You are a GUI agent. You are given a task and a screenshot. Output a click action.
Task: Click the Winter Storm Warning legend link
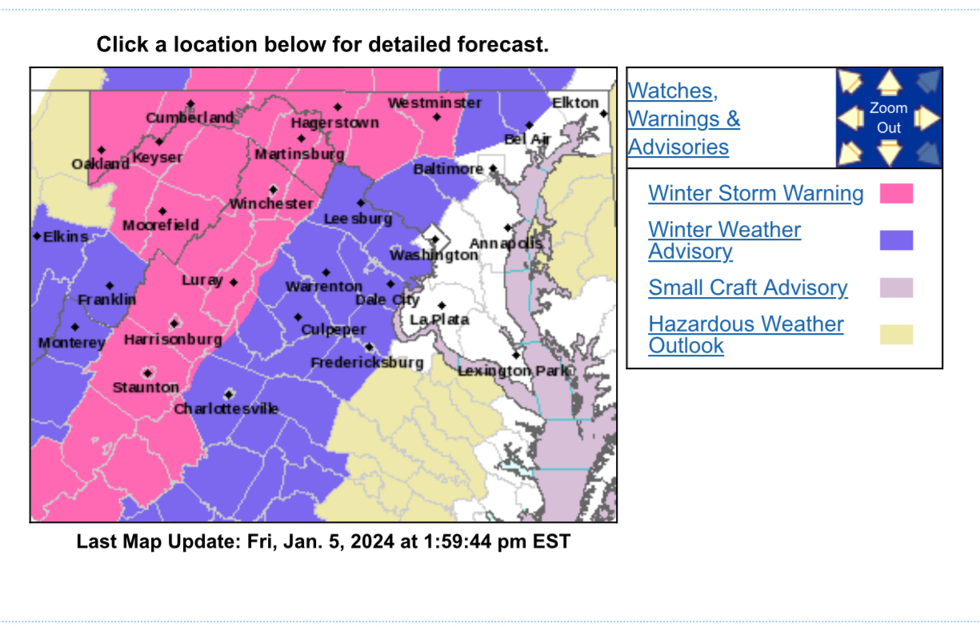(x=756, y=194)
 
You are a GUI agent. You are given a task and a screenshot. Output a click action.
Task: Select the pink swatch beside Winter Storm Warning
(x=896, y=194)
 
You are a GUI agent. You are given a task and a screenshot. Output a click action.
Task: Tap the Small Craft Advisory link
(x=748, y=288)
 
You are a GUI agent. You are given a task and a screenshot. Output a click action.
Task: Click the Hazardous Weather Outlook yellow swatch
(x=896, y=335)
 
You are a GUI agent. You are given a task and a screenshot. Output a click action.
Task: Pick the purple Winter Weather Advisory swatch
(x=896, y=240)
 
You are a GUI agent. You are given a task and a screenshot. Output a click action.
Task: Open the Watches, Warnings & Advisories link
(x=683, y=119)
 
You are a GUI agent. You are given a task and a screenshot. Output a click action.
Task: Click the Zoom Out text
(x=889, y=118)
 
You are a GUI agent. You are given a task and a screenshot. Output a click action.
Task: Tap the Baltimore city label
(x=448, y=170)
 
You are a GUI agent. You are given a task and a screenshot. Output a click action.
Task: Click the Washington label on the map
(x=434, y=255)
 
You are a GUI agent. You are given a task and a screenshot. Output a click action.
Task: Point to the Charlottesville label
(x=226, y=409)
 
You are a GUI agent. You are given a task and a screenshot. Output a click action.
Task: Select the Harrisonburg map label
(x=173, y=340)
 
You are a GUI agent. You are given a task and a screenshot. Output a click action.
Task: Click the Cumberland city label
(x=190, y=119)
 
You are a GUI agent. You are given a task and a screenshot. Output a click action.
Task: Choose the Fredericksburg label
(x=366, y=363)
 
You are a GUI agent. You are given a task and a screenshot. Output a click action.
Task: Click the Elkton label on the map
(x=575, y=103)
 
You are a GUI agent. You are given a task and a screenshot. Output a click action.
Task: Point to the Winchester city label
(x=271, y=204)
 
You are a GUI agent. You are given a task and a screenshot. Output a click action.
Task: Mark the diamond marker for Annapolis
(x=507, y=228)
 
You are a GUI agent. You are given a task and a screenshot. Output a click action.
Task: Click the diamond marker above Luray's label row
(x=234, y=282)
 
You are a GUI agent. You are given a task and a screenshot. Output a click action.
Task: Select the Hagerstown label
(x=334, y=123)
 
